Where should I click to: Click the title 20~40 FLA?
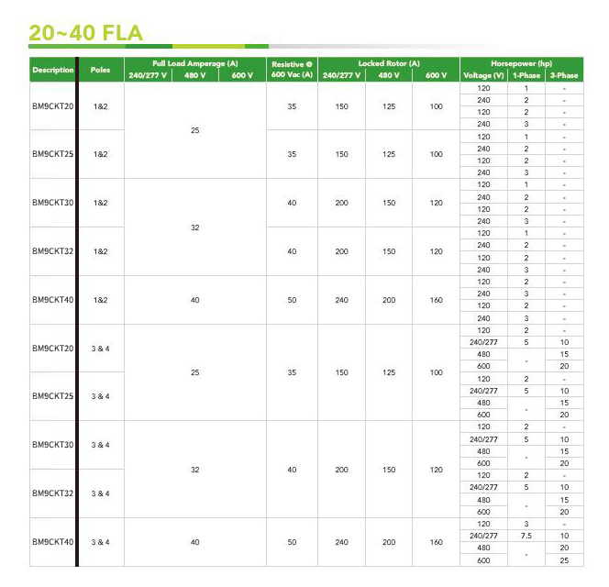click(85, 34)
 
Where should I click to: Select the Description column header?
click(52, 70)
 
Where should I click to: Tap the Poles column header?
click(99, 70)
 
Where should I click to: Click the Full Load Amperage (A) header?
click(194, 62)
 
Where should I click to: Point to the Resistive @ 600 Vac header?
click(292, 69)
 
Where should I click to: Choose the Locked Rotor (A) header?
click(389, 62)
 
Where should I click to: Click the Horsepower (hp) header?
click(521, 62)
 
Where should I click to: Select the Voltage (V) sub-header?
click(484, 75)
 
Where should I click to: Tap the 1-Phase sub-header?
click(526, 75)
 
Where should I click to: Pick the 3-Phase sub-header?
click(563, 75)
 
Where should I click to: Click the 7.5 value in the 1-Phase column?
click(526, 536)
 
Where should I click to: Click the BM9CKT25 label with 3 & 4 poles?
click(52, 396)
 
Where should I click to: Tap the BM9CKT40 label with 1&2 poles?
click(52, 299)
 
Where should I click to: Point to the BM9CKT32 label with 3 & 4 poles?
click(52, 493)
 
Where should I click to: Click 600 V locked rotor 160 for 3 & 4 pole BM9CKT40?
click(436, 542)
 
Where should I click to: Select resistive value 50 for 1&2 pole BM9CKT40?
click(292, 299)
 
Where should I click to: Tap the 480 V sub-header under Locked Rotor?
click(389, 75)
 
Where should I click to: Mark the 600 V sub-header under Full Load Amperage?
click(242, 75)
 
